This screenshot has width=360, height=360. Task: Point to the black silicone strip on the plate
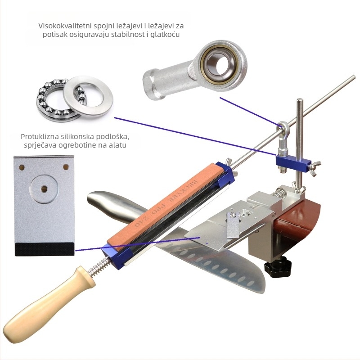click(45, 249)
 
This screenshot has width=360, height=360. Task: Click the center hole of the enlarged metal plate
click(44, 189)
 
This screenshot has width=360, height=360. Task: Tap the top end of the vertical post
click(300, 100)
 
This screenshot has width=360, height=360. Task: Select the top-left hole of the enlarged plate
click(22, 167)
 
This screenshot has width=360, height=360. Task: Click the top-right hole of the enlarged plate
click(66, 166)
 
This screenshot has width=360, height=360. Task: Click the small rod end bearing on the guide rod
click(284, 135)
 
